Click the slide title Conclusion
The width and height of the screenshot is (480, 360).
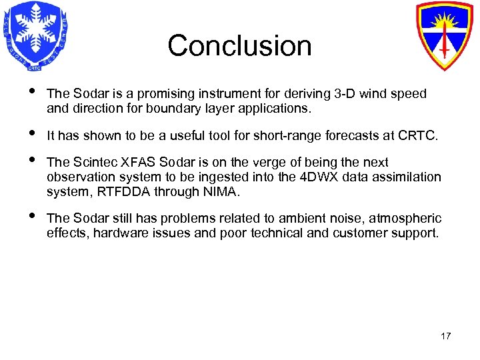(239, 46)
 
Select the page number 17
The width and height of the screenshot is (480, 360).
(445, 336)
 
